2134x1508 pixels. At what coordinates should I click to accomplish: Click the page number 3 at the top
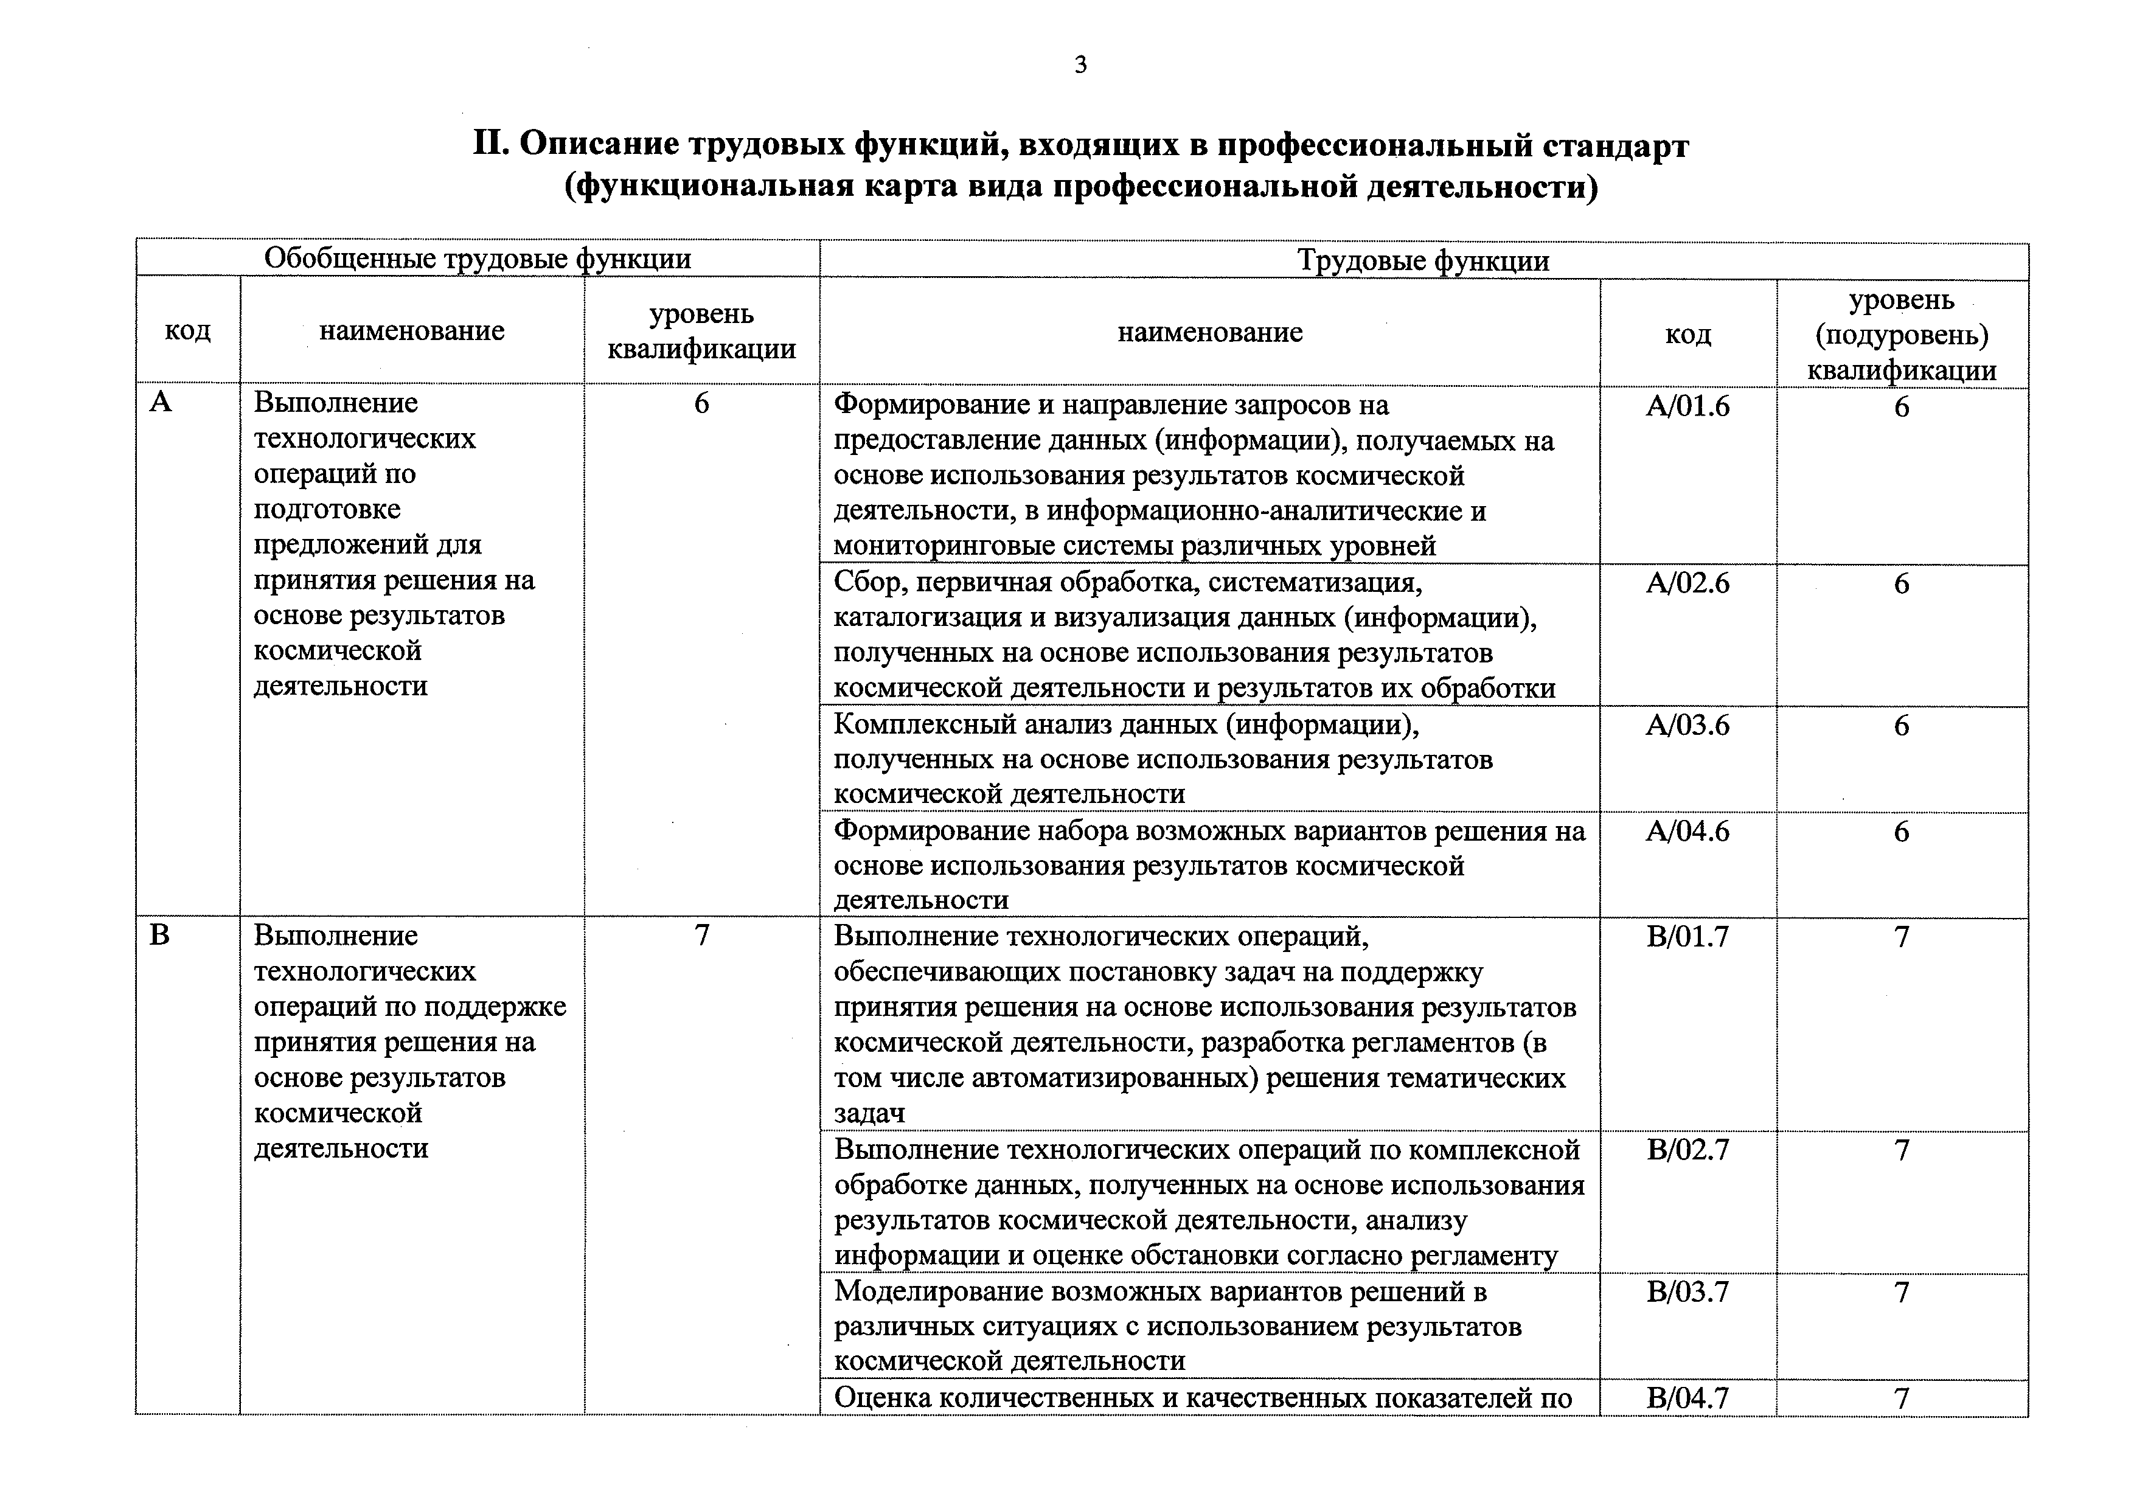point(1080,65)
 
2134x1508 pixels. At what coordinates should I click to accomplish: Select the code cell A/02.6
point(1688,583)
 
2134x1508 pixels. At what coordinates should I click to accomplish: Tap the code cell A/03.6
point(1688,724)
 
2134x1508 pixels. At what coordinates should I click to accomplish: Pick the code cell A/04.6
point(1688,831)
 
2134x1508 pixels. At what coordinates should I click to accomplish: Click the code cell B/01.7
point(1688,937)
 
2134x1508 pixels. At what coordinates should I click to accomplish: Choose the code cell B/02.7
point(1688,1150)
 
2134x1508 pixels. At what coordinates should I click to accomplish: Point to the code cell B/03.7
point(1688,1291)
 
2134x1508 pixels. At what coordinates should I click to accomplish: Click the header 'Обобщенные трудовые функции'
point(478,259)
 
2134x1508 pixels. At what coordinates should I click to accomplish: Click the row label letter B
point(160,935)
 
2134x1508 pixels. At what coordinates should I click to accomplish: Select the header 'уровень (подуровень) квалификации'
point(1902,335)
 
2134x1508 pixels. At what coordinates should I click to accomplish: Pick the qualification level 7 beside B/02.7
point(1902,1150)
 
